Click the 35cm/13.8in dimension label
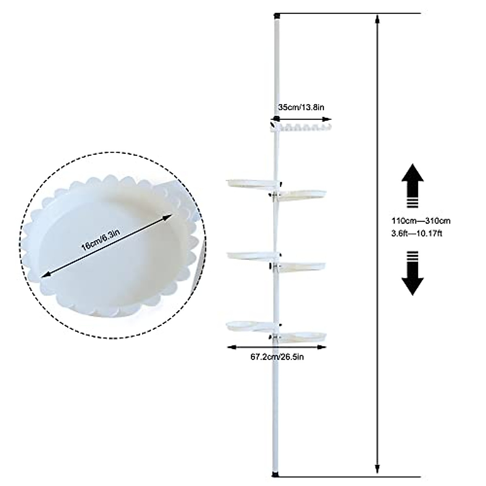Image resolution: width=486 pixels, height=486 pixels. tap(301, 108)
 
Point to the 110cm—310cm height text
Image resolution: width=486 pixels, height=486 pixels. tap(421, 221)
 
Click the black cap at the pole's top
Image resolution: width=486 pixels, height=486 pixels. tap(277, 16)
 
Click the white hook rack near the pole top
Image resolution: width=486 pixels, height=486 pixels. tap(302, 129)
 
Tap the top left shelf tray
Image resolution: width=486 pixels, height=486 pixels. tap(249, 184)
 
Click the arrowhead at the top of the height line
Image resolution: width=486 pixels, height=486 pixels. tap(377, 19)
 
